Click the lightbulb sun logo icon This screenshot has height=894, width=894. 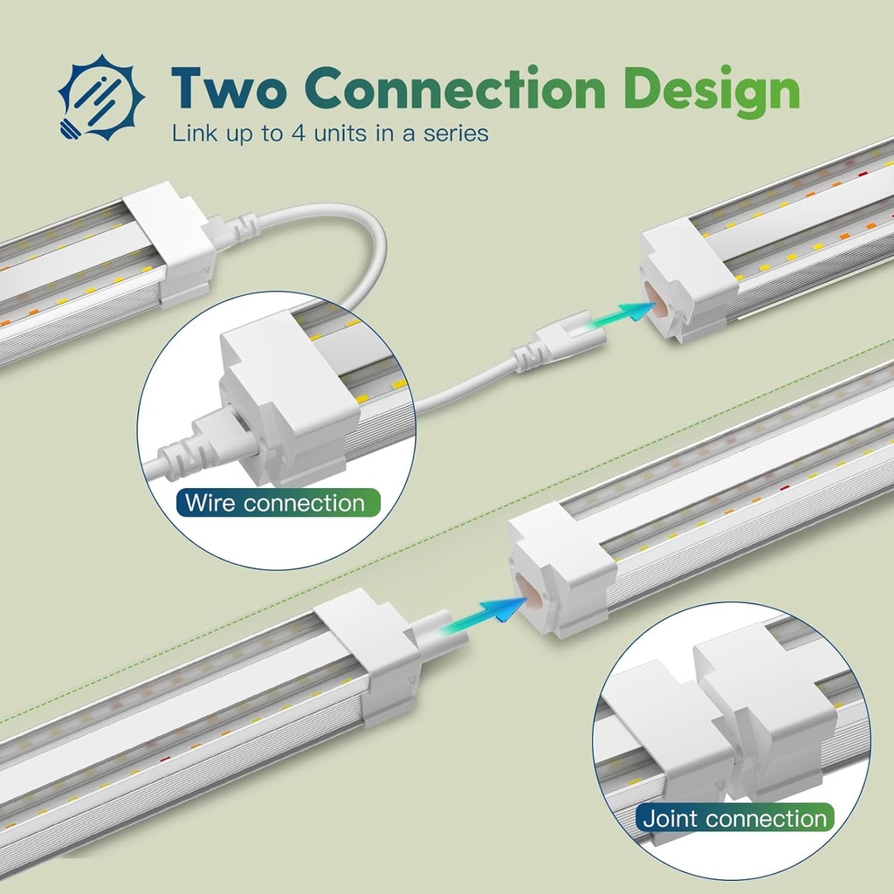pyautogui.click(x=101, y=98)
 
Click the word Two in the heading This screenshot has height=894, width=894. pyautogui.click(x=228, y=88)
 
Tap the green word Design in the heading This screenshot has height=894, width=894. pyautogui.click(x=711, y=91)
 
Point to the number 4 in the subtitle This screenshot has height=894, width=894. pyautogui.click(x=299, y=134)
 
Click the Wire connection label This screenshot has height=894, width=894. pyautogui.click(x=278, y=503)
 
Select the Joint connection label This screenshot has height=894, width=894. pyautogui.click(x=734, y=818)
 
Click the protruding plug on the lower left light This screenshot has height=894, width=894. pyautogui.click(x=438, y=633)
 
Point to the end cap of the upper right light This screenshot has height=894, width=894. pyautogui.click(x=688, y=280)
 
